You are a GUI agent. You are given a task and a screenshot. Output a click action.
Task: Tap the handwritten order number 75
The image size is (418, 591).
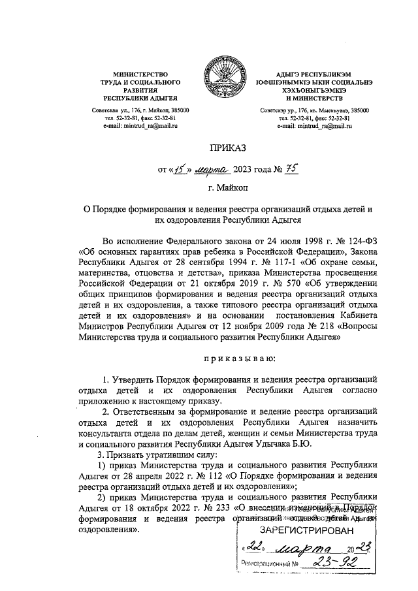coord(291,170)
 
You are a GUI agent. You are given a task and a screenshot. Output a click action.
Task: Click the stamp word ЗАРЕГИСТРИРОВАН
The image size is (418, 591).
coord(304,530)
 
